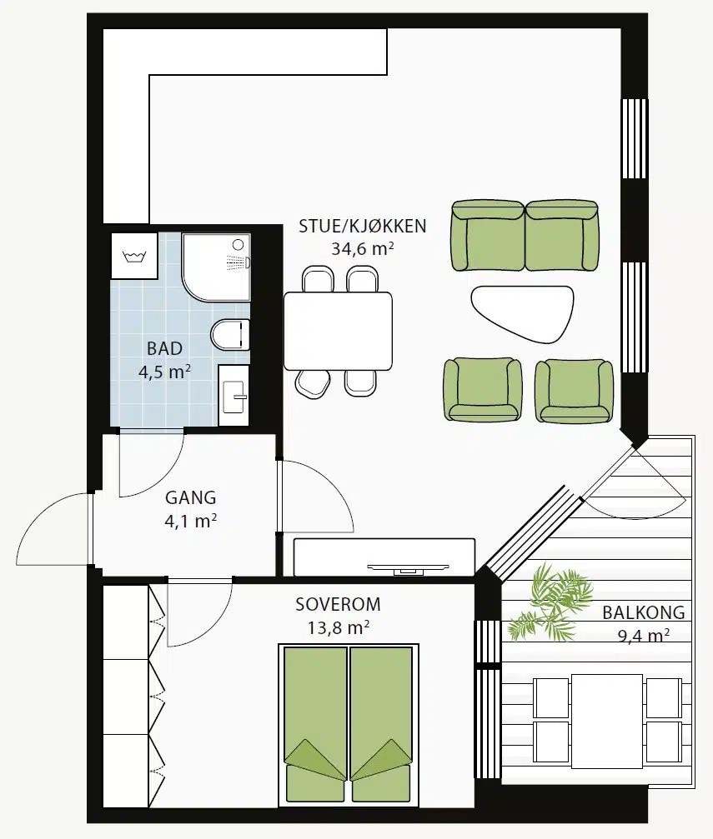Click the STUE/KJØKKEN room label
[362, 227]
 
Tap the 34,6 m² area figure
[363, 249]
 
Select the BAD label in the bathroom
[164, 349]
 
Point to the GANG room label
[191, 497]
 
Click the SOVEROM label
[338, 604]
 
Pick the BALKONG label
[643, 612]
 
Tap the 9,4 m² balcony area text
[643, 635]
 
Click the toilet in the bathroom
[230, 334]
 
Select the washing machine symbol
[134, 255]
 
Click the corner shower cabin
[216, 267]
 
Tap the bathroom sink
[234, 396]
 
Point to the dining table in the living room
[338, 332]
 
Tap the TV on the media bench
[408, 567]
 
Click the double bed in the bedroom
[349, 725]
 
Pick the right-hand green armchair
[575, 390]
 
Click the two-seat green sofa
[525, 236]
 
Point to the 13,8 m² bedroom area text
[338, 627]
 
